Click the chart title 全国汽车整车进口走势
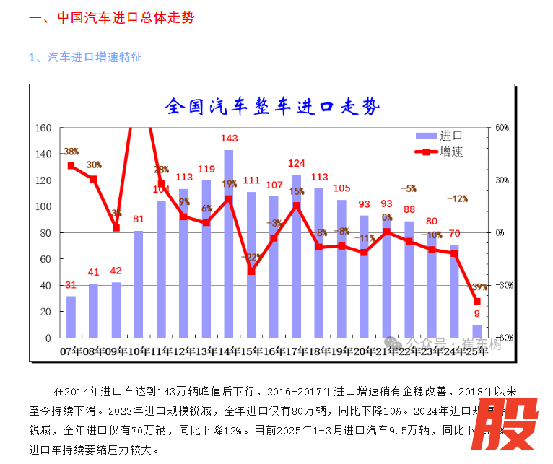pos(271,107)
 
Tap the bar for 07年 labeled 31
pos(71,317)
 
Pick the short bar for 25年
pos(477,331)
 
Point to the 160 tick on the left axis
pos(43,128)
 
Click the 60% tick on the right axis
pos(502,128)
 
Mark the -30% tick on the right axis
pos(502,285)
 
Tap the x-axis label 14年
pos(228,351)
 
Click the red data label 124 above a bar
pos(297,163)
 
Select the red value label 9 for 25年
pos(477,314)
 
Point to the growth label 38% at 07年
pos(71,152)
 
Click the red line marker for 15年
pos(251,271)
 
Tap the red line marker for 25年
pos(477,301)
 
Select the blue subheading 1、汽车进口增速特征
pos(85,57)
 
